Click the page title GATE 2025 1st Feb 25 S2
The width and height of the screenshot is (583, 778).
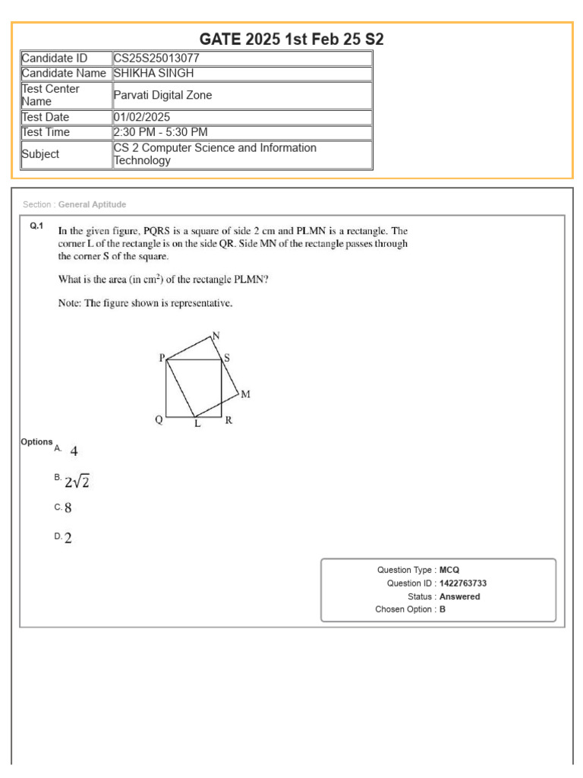click(x=291, y=39)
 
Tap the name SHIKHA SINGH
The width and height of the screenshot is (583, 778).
click(x=153, y=74)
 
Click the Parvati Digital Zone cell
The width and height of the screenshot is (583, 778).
click(x=162, y=95)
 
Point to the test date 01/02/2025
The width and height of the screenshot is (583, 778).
click(x=142, y=117)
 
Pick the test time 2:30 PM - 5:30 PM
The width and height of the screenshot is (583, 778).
click(x=159, y=132)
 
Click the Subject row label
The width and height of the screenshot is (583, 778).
click(x=40, y=154)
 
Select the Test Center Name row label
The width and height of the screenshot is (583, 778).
click(x=50, y=95)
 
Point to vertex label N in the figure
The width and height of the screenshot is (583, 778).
click(x=216, y=336)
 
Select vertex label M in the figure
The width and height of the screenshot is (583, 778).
click(x=245, y=394)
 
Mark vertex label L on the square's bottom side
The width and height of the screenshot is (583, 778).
click(x=197, y=424)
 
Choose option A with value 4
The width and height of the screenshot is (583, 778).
click(x=74, y=451)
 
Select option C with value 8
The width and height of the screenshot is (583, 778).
click(x=68, y=508)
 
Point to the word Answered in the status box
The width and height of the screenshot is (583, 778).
click(x=459, y=596)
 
